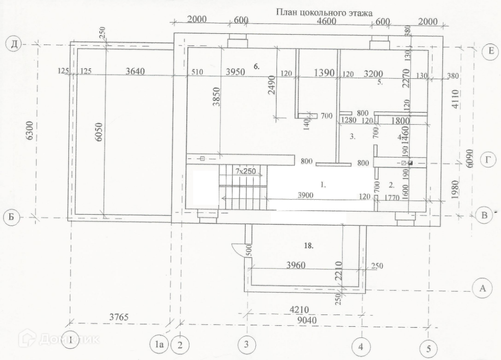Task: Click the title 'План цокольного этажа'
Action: [324, 13]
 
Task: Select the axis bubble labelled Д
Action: [14, 45]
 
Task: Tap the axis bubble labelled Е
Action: [489, 51]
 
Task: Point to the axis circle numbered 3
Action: [246, 345]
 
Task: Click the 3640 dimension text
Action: [135, 71]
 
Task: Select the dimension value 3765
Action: [118, 317]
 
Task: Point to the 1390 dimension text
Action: [324, 73]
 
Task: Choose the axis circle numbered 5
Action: [429, 349]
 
